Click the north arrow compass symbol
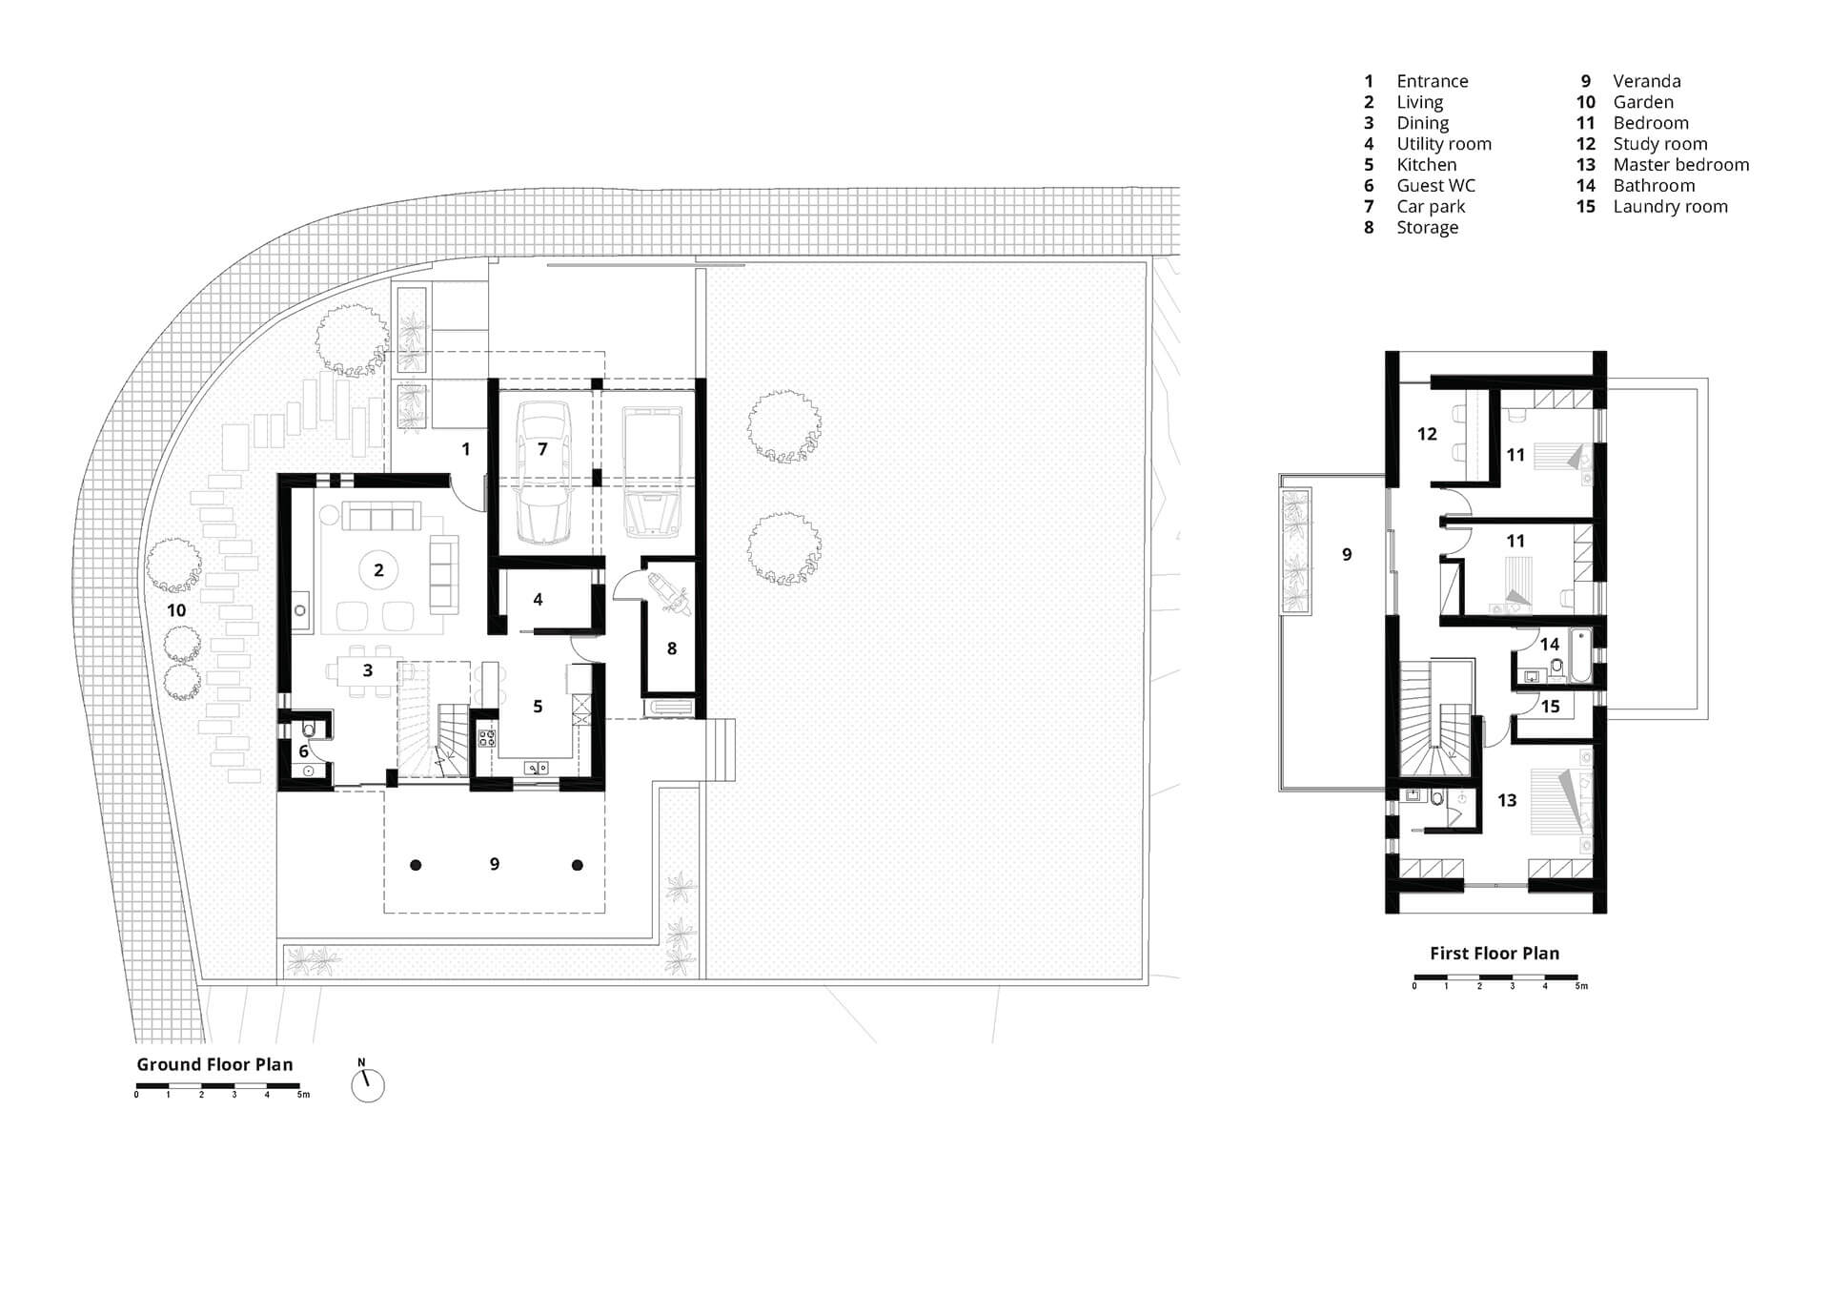367,1084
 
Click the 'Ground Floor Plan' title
214,1064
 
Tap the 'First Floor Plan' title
1494,953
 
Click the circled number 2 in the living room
378,570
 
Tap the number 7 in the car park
542,448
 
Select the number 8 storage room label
672,648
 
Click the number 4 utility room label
538,600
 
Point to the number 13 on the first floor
1507,800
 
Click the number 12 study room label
1427,435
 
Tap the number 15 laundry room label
1551,707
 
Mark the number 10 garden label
176,610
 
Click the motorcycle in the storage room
667,592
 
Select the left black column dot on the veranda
416,865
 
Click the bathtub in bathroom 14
1580,656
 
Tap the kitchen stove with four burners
486,737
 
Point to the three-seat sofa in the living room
381,518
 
